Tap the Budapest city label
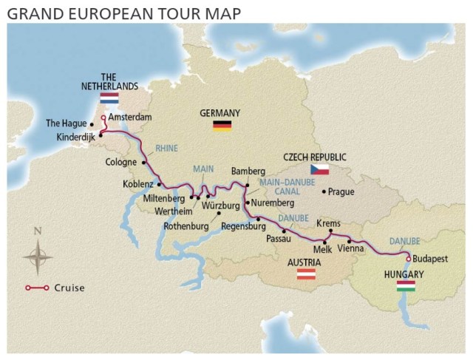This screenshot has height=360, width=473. click(x=431, y=259)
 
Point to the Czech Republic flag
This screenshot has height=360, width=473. click(x=319, y=170)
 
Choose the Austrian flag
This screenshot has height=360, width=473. click(x=307, y=274)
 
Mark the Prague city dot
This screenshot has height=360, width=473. click(x=324, y=191)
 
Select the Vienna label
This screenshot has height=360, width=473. click(x=350, y=251)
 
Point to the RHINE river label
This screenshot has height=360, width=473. click(x=166, y=146)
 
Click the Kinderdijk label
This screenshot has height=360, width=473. click(x=76, y=137)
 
